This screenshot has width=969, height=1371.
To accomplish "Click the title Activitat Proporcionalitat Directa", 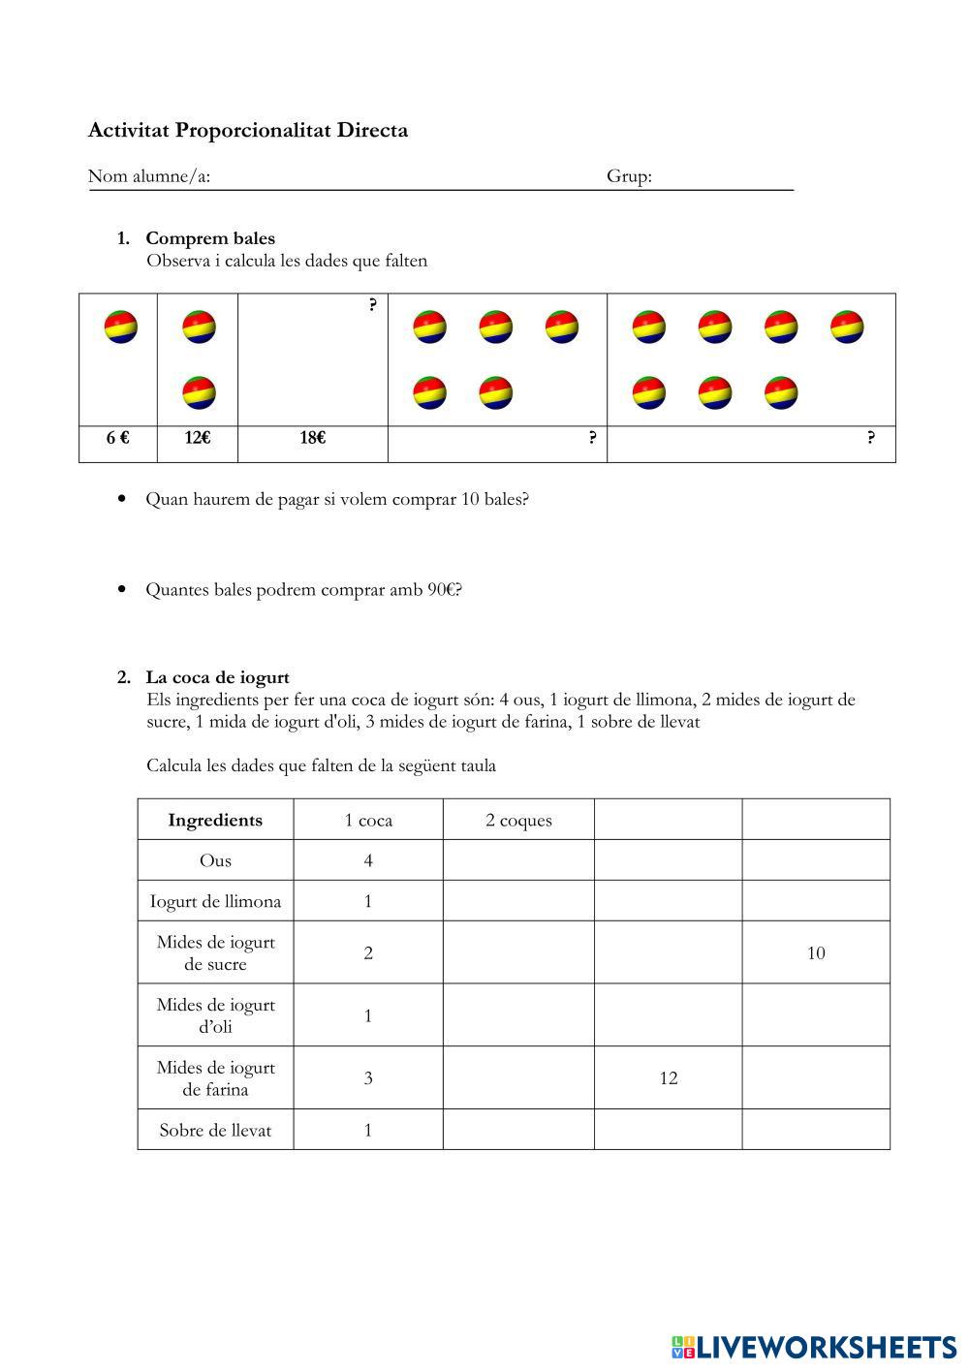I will coord(248,130).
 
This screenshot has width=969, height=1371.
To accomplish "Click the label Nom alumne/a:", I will coord(149,176).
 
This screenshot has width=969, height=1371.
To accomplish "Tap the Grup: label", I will coord(629,176).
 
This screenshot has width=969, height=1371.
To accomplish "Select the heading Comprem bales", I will coord(210,238).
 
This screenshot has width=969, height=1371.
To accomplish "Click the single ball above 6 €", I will coord(121,327).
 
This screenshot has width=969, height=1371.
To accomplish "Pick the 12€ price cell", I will coord(198,438).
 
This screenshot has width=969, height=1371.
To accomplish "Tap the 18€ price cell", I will coord(312,438).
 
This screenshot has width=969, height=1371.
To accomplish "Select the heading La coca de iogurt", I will coord(217,677).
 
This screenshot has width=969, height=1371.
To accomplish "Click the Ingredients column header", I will coord(215,820).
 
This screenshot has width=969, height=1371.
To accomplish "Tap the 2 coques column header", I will coord(518,820).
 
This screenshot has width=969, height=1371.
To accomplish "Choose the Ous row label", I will coord(215,860).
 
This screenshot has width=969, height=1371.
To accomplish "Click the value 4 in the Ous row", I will coord(368,860).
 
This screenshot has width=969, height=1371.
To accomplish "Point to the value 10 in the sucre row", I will coord(816,953).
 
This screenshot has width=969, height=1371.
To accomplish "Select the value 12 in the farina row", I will coord(669,1078).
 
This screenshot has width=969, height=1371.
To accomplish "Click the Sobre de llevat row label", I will coord(215,1130).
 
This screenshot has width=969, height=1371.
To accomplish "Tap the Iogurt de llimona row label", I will coord(215,901).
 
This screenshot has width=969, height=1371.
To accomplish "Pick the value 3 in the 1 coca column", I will coord(368,1078).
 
